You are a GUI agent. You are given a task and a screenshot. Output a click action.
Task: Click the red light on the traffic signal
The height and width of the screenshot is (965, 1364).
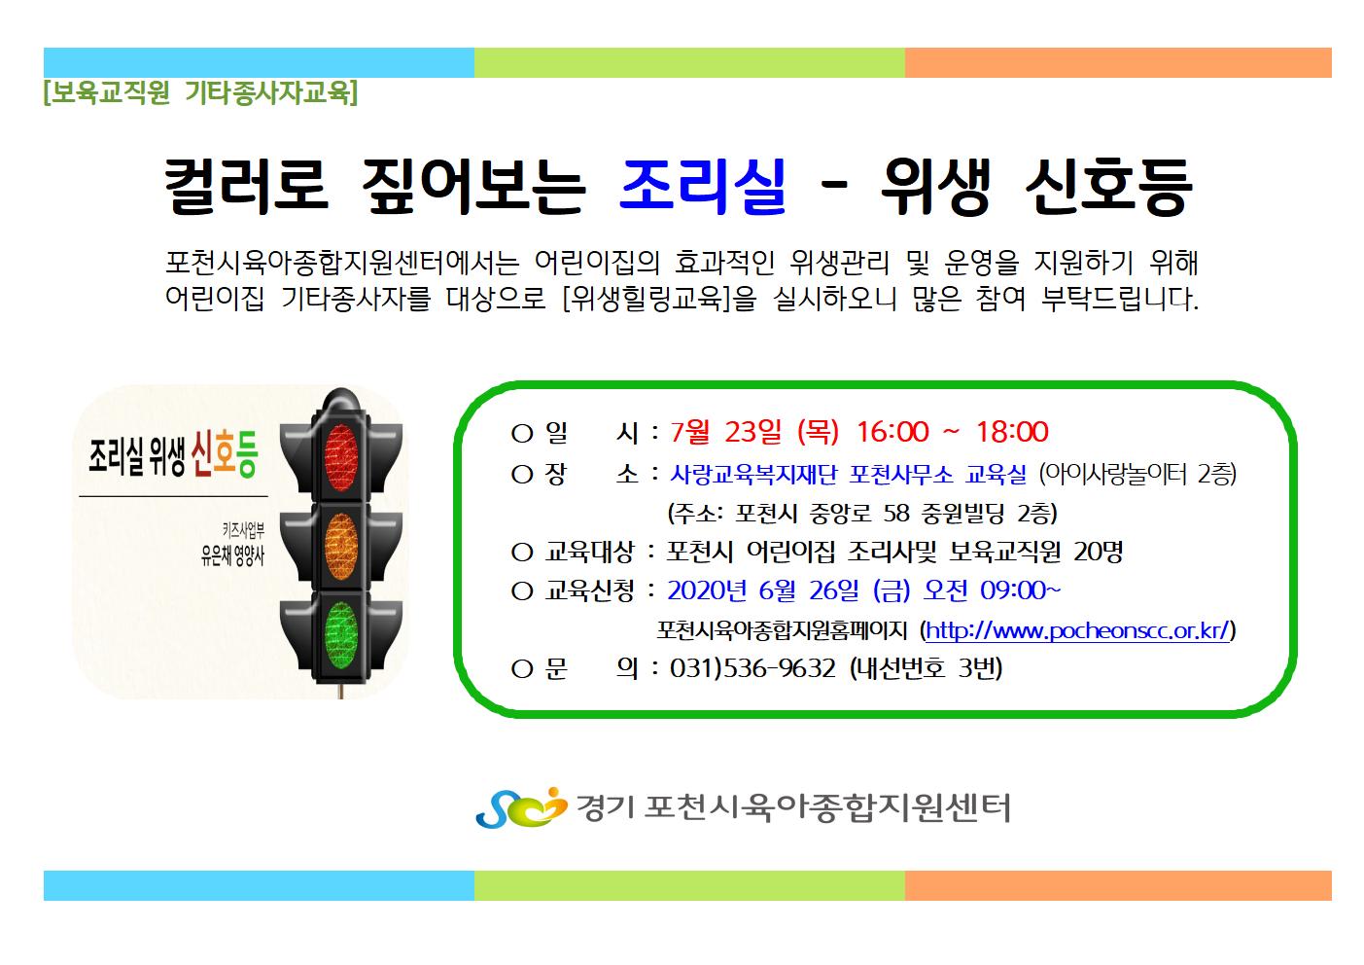[341, 457]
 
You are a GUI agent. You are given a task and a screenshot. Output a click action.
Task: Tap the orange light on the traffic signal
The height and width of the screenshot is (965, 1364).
[341, 547]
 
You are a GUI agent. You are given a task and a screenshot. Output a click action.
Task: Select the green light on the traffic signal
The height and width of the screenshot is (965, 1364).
[341, 635]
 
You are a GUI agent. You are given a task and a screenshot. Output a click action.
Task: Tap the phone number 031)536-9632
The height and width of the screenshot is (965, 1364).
[752, 668]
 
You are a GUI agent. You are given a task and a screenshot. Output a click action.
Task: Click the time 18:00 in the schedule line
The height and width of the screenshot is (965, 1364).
[1013, 431]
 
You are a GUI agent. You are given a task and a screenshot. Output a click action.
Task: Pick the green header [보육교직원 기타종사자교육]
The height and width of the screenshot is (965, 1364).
[200, 92]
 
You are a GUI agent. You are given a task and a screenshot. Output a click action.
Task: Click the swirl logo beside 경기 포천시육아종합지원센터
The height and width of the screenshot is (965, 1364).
[521, 807]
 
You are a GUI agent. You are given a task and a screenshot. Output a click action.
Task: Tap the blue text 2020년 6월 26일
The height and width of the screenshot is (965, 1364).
[763, 590]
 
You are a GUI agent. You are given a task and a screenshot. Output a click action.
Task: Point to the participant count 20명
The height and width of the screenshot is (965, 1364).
[1098, 552]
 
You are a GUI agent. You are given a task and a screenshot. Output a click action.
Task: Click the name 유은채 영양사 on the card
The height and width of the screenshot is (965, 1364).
[232, 555]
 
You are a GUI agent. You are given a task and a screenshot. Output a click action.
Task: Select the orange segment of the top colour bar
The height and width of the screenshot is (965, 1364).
[1118, 63]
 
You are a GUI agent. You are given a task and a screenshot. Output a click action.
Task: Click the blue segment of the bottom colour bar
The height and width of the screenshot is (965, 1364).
[259, 885]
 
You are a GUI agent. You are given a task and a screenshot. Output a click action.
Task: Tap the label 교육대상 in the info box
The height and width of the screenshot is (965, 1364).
[589, 552]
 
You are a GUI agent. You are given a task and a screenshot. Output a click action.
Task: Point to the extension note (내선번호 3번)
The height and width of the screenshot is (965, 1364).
[926, 668]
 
